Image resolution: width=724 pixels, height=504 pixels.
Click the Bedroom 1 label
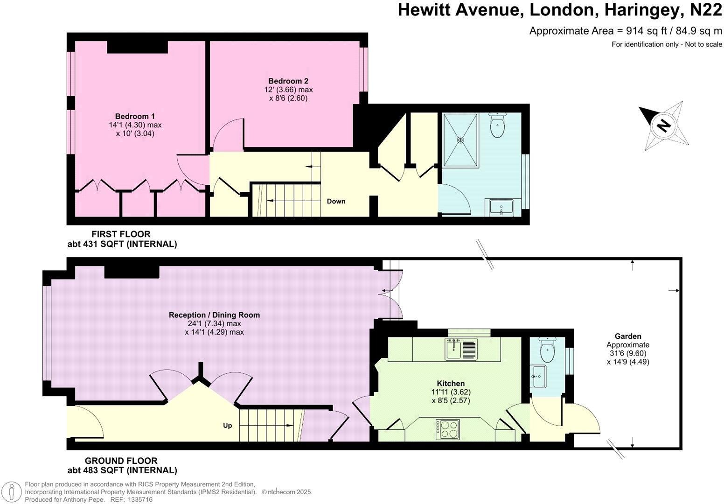[135, 116]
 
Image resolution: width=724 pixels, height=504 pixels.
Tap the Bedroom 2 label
[288, 81]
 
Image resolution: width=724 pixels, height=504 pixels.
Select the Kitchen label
[451, 384]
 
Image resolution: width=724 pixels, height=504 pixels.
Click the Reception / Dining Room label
[214, 315]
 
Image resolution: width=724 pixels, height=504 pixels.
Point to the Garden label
[627, 336]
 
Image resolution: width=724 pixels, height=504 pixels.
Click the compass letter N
[663, 125]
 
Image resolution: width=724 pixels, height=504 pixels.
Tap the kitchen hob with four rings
[448, 429]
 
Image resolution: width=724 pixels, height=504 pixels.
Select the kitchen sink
[454, 349]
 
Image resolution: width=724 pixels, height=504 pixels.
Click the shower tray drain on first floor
[460, 140]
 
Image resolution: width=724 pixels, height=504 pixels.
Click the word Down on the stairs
[336, 201]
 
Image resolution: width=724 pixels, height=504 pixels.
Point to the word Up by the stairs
[228, 426]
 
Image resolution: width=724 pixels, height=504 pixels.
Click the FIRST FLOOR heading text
[121, 234]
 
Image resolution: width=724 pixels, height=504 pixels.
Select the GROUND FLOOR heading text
[121, 461]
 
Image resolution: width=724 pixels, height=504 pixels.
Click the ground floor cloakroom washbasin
[539, 376]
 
